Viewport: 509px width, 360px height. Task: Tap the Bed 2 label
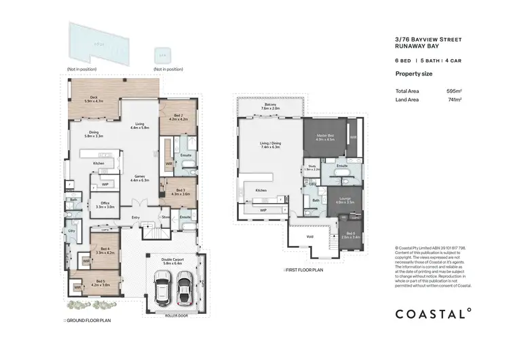(178, 118)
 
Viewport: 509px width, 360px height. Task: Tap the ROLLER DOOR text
(175, 315)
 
